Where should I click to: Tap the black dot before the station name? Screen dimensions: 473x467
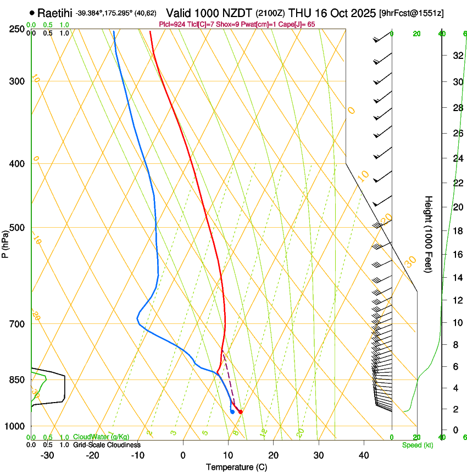(x=32, y=13)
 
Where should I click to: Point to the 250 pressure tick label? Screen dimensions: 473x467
(x=16, y=29)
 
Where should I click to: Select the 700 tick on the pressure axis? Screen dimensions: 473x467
(x=16, y=324)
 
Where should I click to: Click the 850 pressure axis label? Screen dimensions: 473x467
(x=16, y=380)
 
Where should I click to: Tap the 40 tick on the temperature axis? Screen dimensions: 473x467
(x=363, y=455)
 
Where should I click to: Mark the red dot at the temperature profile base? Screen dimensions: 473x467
(x=240, y=411)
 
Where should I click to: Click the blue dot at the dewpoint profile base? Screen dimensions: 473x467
(x=232, y=411)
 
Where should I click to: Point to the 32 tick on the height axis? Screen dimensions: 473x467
(x=457, y=55)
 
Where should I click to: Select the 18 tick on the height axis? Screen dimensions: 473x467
(x=457, y=230)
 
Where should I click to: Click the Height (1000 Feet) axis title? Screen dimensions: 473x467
(x=429, y=234)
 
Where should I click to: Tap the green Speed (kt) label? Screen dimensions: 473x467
(x=417, y=445)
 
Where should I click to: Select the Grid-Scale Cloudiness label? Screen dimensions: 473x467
(x=107, y=445)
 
